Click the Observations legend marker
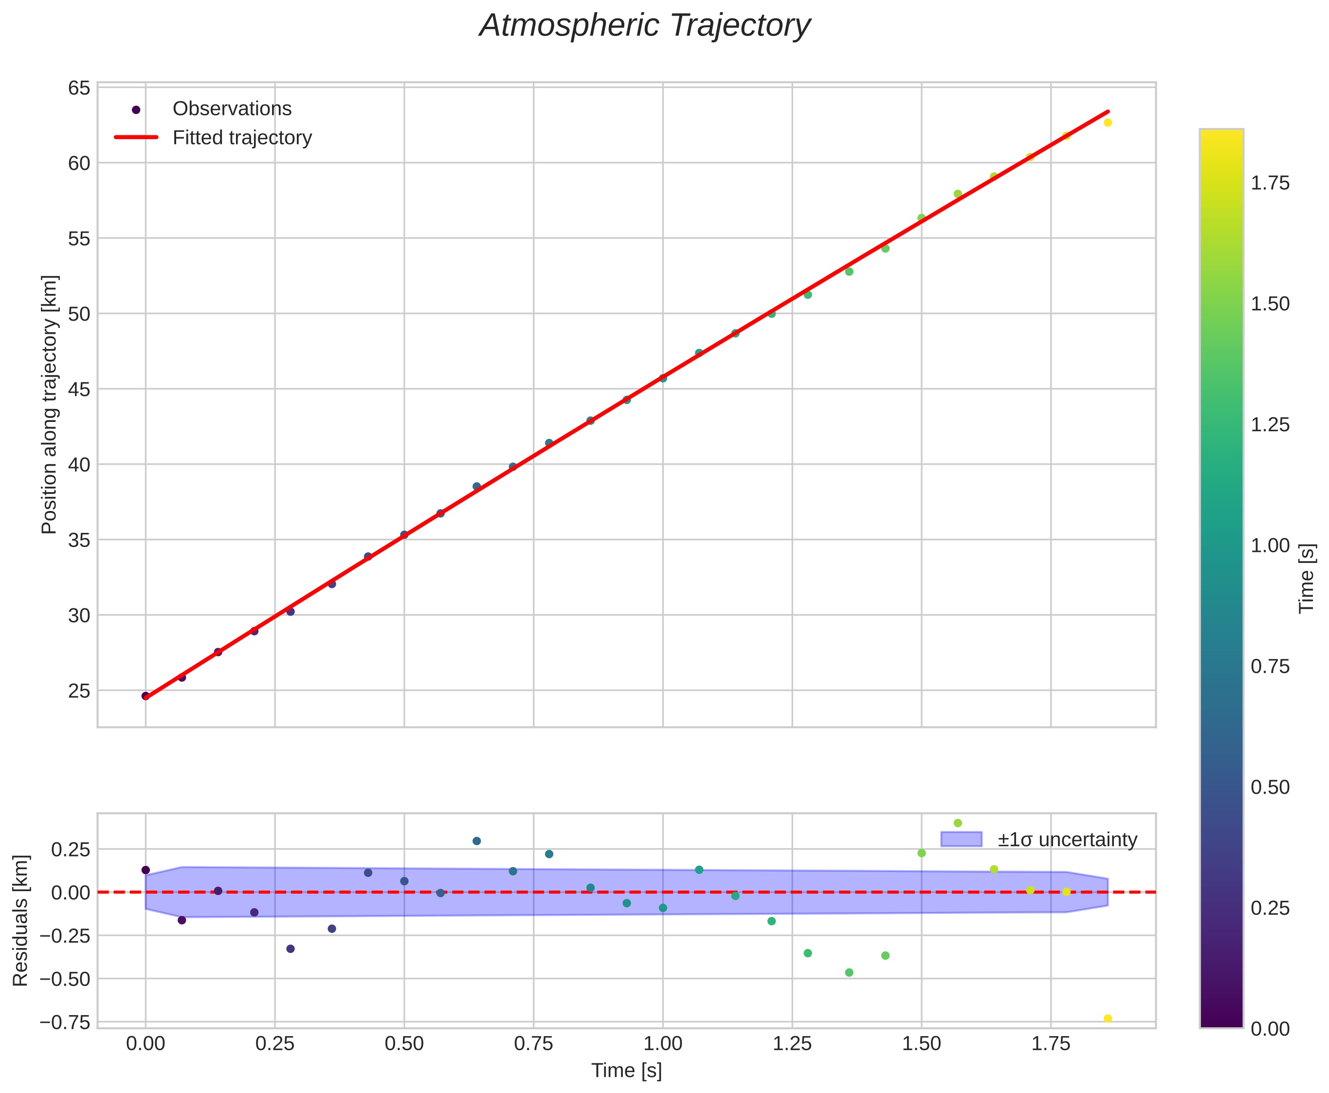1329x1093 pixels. tap(136, 109)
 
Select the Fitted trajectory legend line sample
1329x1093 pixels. tap(136, 137)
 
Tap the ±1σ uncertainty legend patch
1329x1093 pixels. tap(961, 839)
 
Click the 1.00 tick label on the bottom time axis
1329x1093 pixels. tap(662, 1044)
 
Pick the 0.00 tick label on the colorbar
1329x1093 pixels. tap(1270, 1029)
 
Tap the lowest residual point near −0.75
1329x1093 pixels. tap(1108, 1019)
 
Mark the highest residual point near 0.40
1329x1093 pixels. tap(958, 823)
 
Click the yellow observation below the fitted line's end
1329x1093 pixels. tap(1108, 122)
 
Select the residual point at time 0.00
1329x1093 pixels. tap(146, 870)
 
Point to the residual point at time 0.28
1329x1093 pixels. tap(290, 949)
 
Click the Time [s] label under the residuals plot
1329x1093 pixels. tap(626, 1071)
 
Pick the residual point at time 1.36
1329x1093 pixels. tap(849, 973)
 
